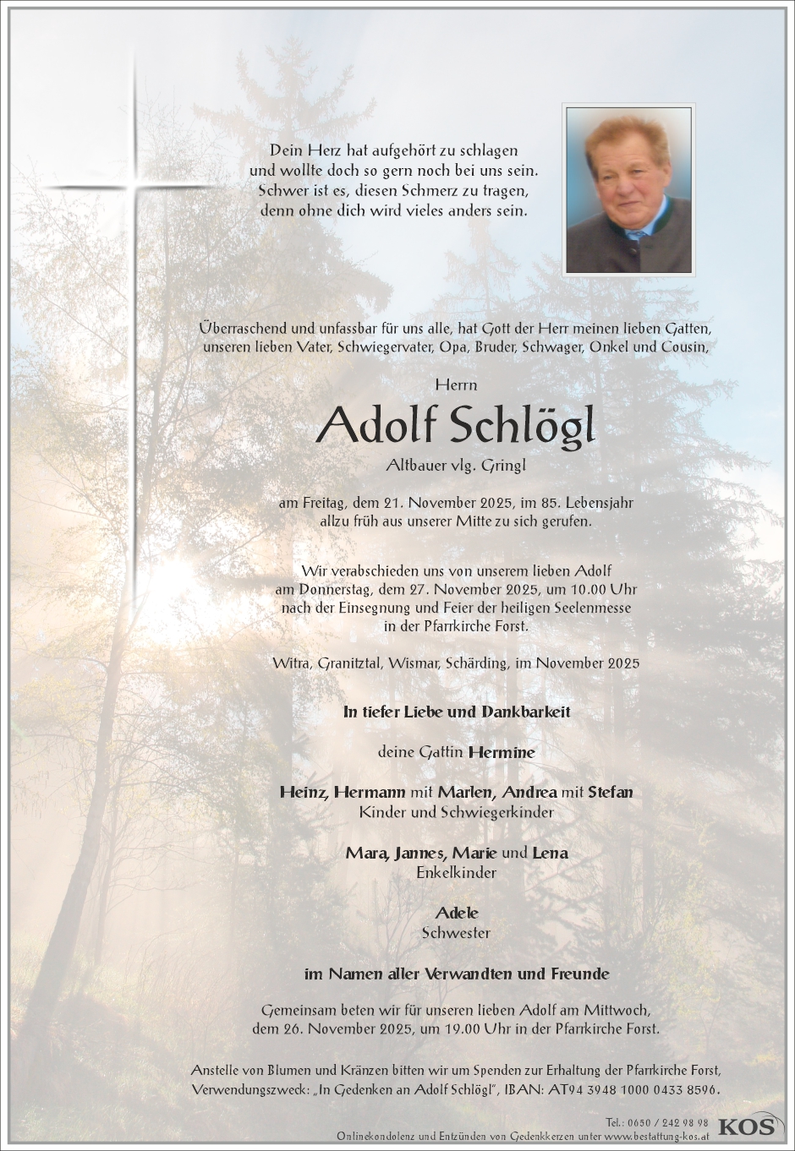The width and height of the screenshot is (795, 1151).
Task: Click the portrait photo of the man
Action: tap(628, 189)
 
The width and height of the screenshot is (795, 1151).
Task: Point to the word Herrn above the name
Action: tap(456, 385)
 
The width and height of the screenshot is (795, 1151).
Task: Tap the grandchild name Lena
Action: tap(550, 853)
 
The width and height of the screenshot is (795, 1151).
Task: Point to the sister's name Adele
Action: tap(457, 913)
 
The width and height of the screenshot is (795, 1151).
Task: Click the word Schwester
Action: tap(456, 933)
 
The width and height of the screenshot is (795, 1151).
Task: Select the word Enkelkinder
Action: tap(456, 872)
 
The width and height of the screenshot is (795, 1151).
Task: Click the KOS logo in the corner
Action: tap(747, 1125)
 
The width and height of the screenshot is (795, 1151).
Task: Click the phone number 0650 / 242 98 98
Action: tap(657, 1121)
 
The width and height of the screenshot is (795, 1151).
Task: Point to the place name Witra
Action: tap(292, 663)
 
